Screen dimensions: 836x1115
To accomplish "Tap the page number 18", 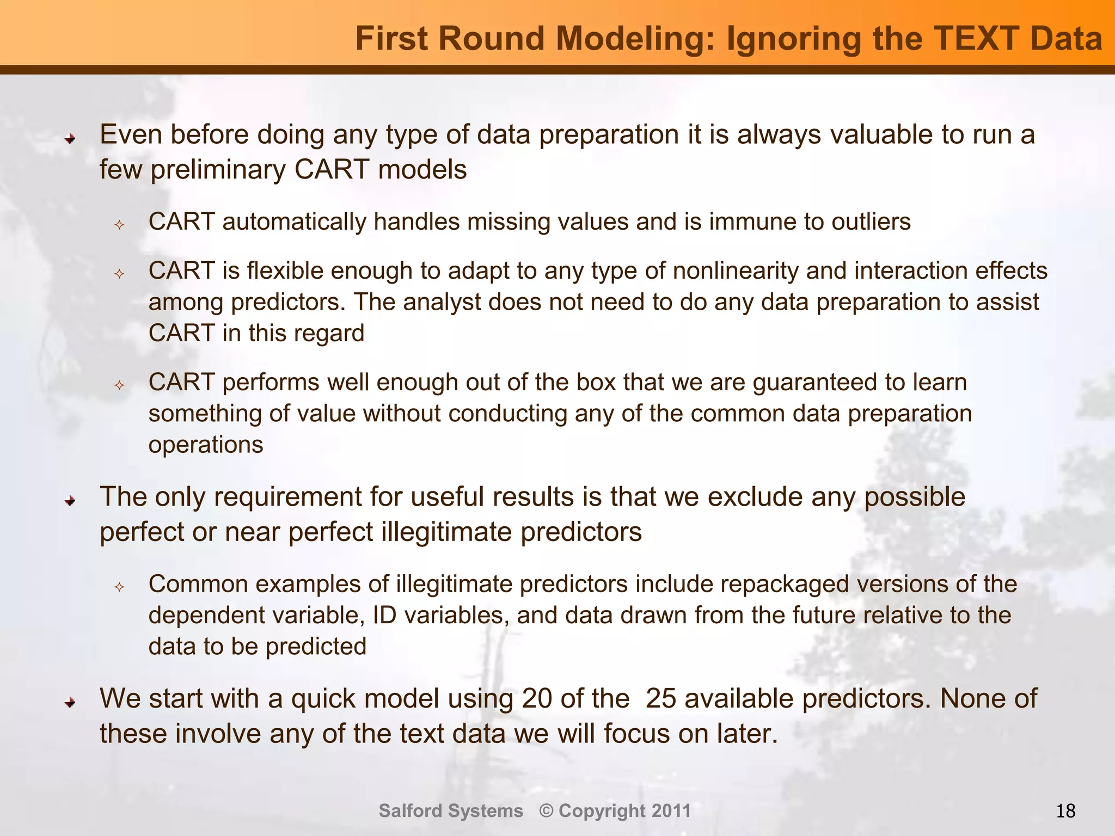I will click(x=1065, y=812).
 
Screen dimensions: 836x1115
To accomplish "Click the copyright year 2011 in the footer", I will click(x=671, y=811).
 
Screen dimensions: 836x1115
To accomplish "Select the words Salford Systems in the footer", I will click(x=451, y=811).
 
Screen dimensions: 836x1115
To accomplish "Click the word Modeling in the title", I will click(x=634, y=39).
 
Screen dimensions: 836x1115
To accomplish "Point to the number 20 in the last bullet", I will click(x=537, y=699).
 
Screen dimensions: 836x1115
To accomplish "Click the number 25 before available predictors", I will click(x=661, y=699).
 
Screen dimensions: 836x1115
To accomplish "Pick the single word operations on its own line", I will click(x=206, y=445).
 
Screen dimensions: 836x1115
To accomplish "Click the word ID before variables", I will click(x=384, y=616).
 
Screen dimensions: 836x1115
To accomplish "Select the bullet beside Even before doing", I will click(x=70, y=139).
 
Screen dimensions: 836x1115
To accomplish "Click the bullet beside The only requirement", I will click(x=70, y=501).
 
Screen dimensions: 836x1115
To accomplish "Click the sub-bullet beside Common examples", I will click(x=120, y=587).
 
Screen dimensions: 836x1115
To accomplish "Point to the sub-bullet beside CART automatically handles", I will click(x=120, y=225).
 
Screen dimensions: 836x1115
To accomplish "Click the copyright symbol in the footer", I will click(x=546, y=811).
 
